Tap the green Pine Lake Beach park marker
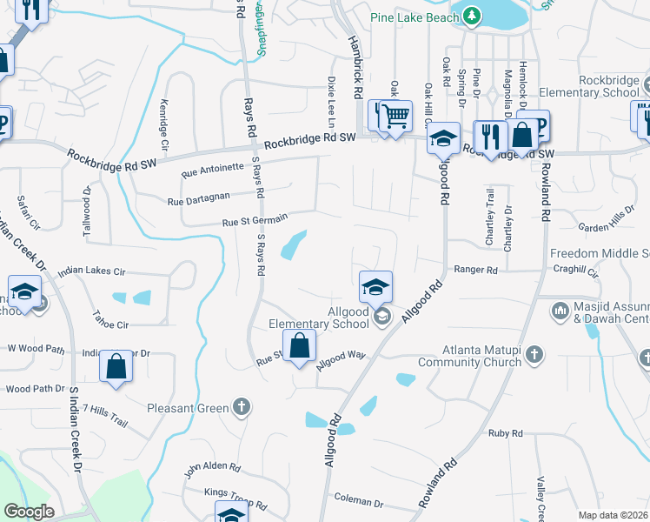point(471,15)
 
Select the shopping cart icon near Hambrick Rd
point(395,116)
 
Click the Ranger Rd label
point(475,271)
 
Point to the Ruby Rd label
point(505,433)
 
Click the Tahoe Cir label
point(110,325)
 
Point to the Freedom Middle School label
point(600,254)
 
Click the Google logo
point(29,512)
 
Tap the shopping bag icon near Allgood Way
point(299,345)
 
